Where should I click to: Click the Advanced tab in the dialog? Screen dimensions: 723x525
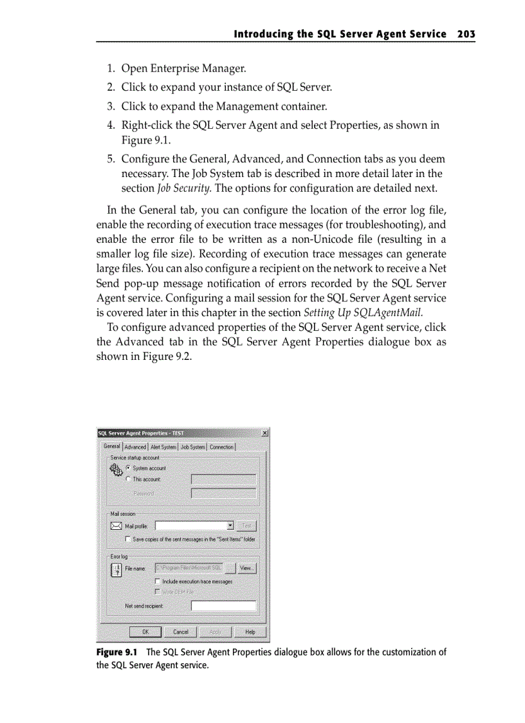(x=135, y=447)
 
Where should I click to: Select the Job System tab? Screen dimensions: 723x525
(x=192, y=447)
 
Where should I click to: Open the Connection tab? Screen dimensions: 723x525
(x=221, y=447)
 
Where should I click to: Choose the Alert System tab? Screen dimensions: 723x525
(x=163, y=447)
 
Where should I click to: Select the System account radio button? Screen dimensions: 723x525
(x=128, y=468)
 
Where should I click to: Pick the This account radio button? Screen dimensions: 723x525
(x=128, y=479)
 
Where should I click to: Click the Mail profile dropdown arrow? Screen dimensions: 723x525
(x=230, y=526)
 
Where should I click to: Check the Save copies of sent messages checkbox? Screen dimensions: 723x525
(x=128, y=540)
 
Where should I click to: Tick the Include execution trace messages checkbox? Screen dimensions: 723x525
(x=157, y=581)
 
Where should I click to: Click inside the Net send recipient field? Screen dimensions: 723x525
(x=223, y=606)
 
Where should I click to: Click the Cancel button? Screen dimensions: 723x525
(x=181, y=632)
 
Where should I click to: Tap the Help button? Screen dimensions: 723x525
(x=250, y=632)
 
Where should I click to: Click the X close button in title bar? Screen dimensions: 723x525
(x=265, y=433)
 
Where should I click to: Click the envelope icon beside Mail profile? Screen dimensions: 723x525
(x=116, y=526)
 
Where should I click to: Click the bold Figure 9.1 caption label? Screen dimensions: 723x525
(x=115, y=652)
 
